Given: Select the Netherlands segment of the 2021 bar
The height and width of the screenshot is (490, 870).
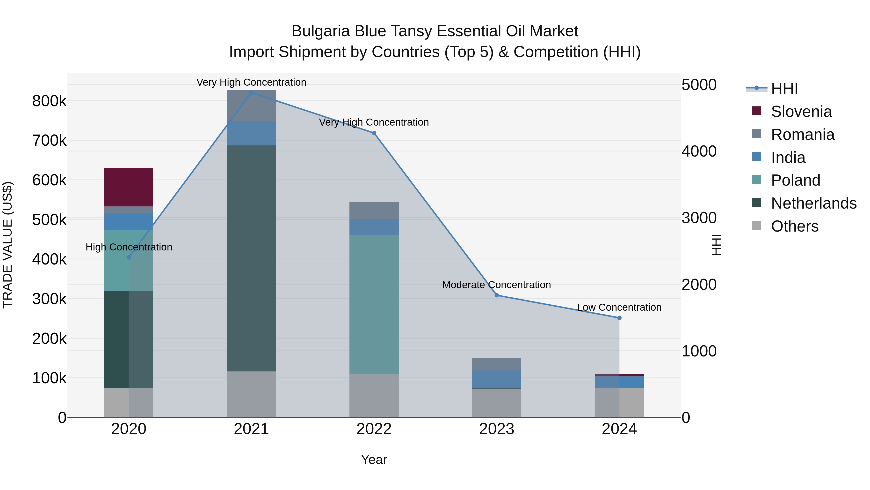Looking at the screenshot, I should (251, 258).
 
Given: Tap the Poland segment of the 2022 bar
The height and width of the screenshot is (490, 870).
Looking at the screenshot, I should (374, 304).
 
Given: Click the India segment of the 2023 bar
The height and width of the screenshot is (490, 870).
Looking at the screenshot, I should (496, 379).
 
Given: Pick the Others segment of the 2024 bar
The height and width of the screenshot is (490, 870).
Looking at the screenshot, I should (619, 402).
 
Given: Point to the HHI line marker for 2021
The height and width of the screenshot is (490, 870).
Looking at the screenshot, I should (251, 93).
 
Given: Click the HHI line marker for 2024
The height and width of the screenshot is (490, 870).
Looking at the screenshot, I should (619, 318).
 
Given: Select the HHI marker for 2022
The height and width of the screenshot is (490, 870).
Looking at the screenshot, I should (374, 133).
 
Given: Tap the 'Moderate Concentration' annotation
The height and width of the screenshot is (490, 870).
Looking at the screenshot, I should (496, 285).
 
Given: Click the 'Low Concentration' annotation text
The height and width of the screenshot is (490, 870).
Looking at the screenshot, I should (619, 307).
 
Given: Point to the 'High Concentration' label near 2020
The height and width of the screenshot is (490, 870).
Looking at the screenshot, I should (129, 247).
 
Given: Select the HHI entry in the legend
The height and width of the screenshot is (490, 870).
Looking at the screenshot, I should (784, 89).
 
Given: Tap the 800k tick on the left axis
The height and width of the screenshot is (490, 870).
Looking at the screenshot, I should (49, 101).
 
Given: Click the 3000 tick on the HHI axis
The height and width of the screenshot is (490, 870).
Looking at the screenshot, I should (699, 218).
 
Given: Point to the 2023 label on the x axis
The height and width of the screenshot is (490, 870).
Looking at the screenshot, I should (496, 429).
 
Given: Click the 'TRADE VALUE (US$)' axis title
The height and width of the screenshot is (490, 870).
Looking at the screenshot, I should (8, 245).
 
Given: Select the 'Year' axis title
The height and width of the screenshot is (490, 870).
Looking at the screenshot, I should (374, 460).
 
